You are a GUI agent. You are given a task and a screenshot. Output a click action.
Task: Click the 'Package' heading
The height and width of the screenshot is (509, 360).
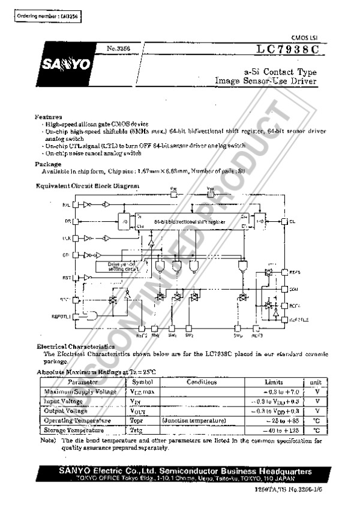tap(48, 164)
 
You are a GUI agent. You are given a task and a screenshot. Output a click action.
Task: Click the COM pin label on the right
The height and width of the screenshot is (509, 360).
tap(294, 288)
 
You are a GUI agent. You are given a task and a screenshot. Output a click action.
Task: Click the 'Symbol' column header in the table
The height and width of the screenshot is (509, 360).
tap(142, 382)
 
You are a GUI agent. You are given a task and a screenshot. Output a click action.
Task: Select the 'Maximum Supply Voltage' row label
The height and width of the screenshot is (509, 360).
tap(81, 391)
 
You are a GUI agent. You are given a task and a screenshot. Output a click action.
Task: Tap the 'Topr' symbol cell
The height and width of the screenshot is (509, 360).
tap(139, 420)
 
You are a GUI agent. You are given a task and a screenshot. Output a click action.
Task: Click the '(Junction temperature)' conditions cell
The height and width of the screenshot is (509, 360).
tap(193, 420)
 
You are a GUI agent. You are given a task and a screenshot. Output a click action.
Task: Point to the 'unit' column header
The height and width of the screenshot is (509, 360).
tap(315, 382)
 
